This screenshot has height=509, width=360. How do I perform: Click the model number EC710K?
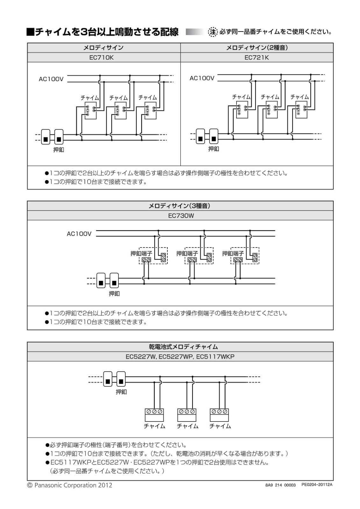click(x=102, y=58)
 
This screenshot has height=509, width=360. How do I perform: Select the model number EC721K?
click(x=257, y=58)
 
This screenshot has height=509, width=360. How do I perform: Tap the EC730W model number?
click(x=181, y=215)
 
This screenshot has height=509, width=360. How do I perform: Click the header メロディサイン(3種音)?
click(x=179, y=206)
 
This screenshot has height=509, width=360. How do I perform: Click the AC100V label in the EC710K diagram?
click(x=51, y=79)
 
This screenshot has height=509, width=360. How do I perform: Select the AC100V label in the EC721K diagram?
click(x=202, y=78)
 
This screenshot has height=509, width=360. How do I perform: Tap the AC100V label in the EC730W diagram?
click(x=79, y=234)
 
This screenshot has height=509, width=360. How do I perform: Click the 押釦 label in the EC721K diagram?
click(x=214, y=149)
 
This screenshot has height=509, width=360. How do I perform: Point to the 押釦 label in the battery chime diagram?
click(x=121, y=392)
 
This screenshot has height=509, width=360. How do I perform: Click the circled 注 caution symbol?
click(x=213, y=32)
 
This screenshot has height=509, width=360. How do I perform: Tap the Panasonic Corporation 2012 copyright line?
click(x=70, y=485)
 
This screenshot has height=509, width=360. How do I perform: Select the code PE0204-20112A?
click(x=317, y=485)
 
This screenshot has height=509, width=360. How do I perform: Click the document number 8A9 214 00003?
click(x=280, y=485)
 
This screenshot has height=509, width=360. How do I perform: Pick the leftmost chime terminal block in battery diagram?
click(x=154, y=415)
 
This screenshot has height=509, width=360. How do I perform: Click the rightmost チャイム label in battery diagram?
click(x=220, y=426)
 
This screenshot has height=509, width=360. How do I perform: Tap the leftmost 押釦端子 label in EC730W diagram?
click(x=141, y=253)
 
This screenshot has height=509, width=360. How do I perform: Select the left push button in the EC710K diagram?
click(x=46, y=137)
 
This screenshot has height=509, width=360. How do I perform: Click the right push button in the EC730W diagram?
click(x=114, y=280)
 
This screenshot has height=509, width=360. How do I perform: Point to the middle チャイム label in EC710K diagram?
click(x=118, y=98)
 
